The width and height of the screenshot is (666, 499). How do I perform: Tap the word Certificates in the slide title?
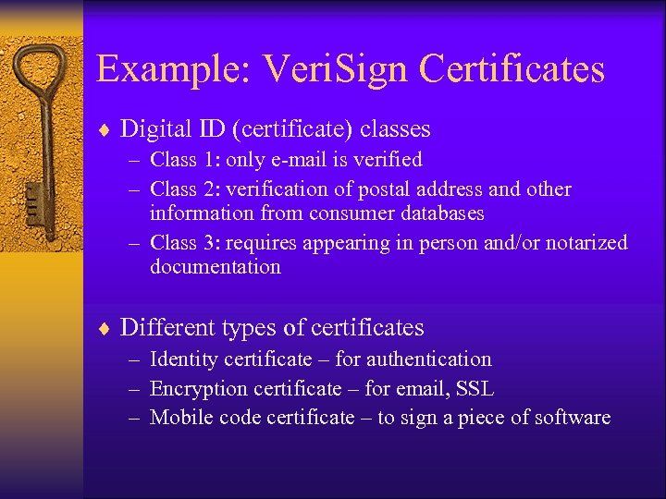click(x=512, y=69)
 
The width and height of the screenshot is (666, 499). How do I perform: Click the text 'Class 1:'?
click(x=186, y=160)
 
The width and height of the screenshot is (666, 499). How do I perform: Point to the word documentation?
click(x=215, y=267)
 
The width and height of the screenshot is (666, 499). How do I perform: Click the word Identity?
click(x=181, y=359)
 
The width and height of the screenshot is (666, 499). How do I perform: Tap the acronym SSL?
click(x=476, y=388)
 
